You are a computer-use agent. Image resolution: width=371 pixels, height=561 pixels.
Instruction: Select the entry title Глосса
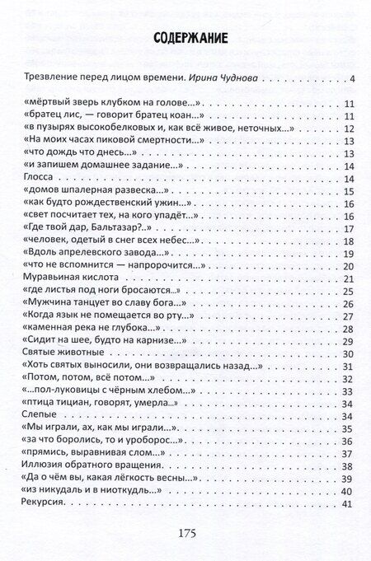tap(34, 179)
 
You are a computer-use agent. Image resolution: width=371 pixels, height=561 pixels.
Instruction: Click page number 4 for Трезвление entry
tap(351, 79)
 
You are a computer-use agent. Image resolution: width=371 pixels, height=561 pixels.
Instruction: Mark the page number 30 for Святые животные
tap(347, 354)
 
